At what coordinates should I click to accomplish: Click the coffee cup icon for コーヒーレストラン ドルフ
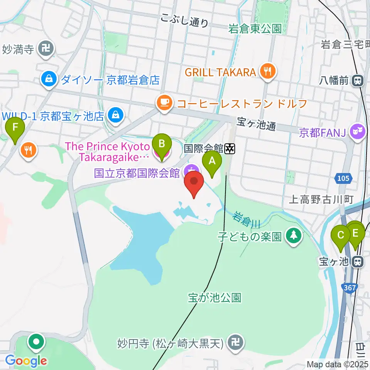coord(164,103)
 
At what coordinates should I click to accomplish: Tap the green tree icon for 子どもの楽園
coord(294,236)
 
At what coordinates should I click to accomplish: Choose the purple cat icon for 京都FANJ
coord(357,132)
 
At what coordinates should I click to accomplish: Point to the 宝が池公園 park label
coord(215,298)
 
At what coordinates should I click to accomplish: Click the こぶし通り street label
coord(185,21)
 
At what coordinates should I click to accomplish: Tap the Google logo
coord(26,361)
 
